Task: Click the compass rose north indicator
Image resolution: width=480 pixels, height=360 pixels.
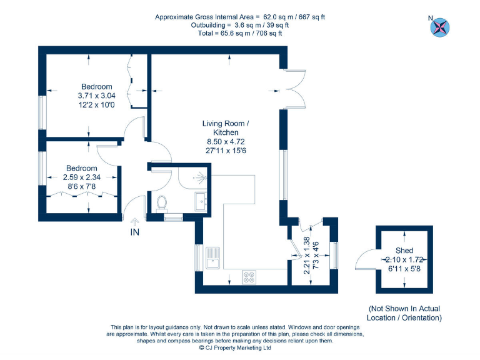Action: [441, 26]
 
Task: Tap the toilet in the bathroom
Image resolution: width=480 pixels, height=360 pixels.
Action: [162, 203]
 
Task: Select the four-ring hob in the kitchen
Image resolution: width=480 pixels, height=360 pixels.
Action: [248, 276]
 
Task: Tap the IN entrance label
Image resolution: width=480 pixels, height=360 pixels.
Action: [134, 232]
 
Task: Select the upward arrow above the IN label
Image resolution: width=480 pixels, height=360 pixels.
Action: [134, 221]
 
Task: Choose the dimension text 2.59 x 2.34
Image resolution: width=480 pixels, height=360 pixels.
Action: [82, 177]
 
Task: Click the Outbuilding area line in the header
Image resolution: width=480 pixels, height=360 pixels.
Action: [240, 25]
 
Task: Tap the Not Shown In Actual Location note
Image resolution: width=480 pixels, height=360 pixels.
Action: [404, 313]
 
